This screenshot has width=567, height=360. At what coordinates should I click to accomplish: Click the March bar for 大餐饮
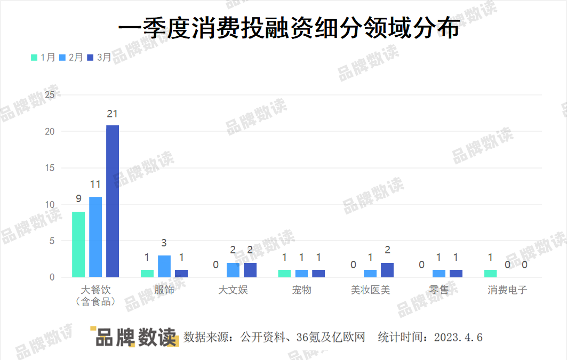(x=113, y=201)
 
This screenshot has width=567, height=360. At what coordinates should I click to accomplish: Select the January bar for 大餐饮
(x=78, y=244)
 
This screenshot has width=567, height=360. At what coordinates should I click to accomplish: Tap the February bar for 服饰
(x=164, y=266)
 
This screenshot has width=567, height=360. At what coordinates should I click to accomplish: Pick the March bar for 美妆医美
(x=387, y=270)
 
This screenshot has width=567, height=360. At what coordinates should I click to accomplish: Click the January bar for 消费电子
(x=490, y=274)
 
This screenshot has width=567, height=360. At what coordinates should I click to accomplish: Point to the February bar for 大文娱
(x=233, y=270)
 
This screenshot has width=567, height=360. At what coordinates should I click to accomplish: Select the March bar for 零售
(x=456, y=274)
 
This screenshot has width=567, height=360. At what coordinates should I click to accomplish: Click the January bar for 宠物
(x=284, y=274)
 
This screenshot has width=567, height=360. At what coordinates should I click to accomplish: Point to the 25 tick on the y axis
(x=50, y=95)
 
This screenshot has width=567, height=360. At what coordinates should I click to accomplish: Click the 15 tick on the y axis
(x=50, y=168)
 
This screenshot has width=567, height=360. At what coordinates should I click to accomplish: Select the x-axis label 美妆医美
(x=370, y=290)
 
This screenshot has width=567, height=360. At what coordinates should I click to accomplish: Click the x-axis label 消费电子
(x=507, y=290)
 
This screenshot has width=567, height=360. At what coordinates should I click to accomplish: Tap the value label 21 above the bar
(x=112, y=114)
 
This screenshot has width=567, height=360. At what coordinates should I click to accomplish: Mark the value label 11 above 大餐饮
(x=95, y=185)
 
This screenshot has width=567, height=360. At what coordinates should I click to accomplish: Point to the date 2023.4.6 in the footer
(x=458, y=338)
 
